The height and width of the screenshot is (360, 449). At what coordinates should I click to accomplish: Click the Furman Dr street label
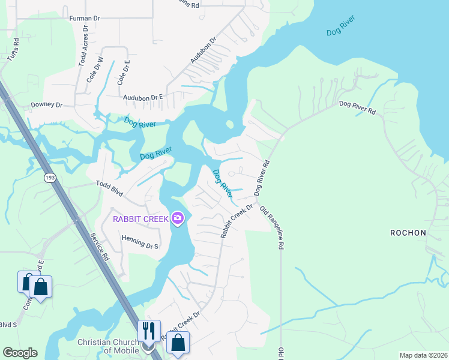pos(85,19)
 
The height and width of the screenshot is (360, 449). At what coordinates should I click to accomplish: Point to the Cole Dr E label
pos(123,72)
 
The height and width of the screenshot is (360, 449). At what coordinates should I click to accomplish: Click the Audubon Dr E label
pos(143,97)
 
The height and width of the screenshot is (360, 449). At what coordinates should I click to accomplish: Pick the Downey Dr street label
pos(47,104)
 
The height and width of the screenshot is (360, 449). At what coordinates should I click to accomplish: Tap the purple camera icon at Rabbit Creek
pos(177,218)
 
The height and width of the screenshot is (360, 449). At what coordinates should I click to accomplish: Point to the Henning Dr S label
pos(139,245)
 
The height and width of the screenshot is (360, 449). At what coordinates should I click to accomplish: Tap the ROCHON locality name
pos(408,232)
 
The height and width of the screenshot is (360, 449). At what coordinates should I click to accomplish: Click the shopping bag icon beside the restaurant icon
pos(178,343)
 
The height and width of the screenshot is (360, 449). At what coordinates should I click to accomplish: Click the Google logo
pos(19,353)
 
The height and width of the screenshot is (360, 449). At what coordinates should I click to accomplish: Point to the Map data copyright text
pos(423,355)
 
